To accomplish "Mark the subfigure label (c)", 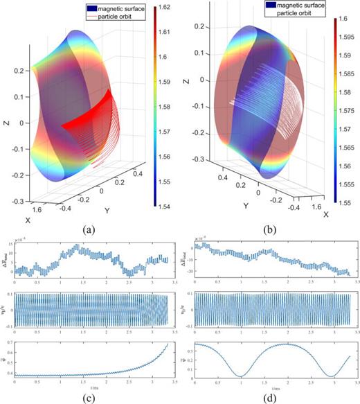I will (x=88, y=397).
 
